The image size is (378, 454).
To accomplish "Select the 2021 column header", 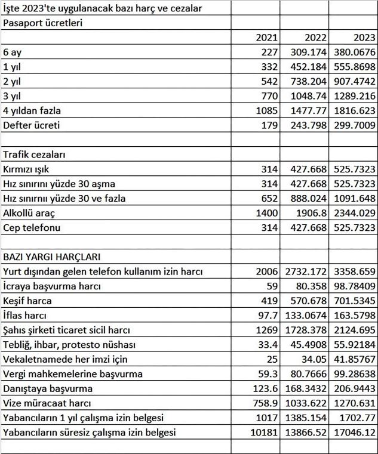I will pyautogui.click(x=266, y=38).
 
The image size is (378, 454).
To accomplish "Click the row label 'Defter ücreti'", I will pyautogui.click(x=32, y=126).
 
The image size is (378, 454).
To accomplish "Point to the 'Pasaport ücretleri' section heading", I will pyautogui.click(x=42, y=23).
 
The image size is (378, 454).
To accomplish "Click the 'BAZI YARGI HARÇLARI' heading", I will pyautogui.click(x=51, y=257).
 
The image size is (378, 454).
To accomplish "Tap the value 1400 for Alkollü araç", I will pyautogui.click(x=266, y=213).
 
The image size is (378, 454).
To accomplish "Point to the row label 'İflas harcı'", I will pyautogui.click(x=24, y=316).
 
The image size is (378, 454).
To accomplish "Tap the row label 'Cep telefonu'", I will pyautogui.click(x=32, y=228).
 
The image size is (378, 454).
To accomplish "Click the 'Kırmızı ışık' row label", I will pyautogui.click(x=30, y=169).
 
